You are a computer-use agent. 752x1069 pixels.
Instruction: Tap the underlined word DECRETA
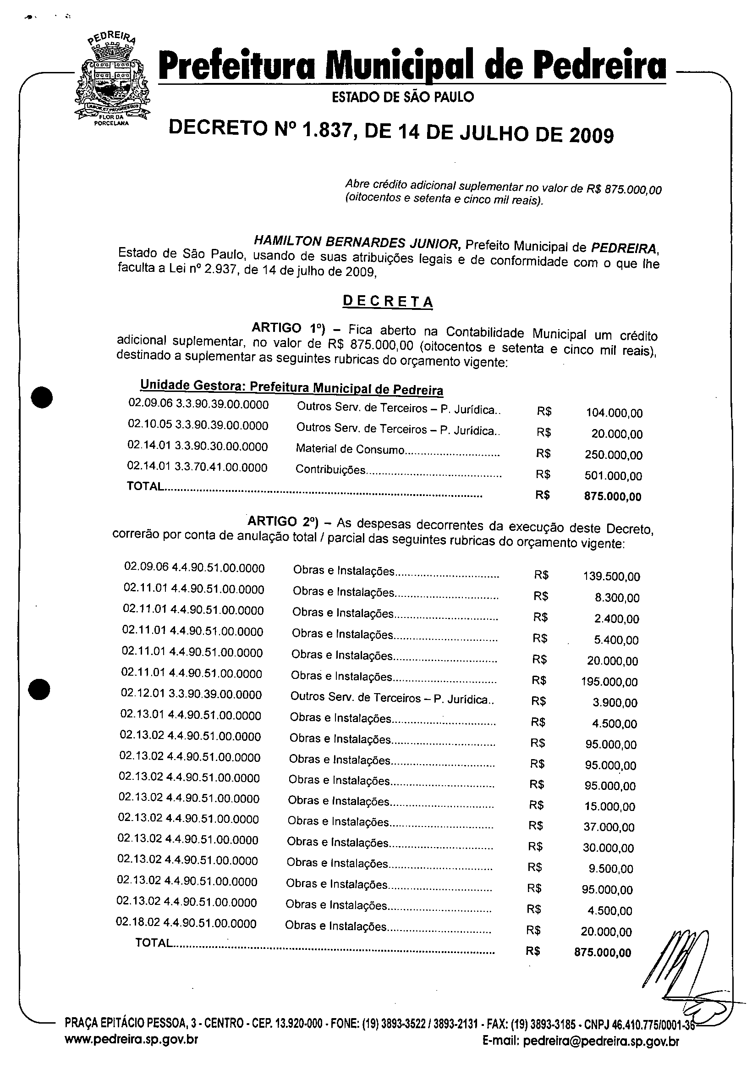coord(388,301)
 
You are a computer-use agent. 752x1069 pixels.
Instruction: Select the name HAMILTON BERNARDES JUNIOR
coord(357,242)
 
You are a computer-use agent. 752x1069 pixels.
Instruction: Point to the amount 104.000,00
coord(614,413)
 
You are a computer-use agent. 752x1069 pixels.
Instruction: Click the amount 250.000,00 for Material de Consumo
coord(613,455)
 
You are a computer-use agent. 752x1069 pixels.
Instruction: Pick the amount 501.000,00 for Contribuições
coord(613,476)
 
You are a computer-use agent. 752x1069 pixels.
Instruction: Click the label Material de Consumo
coord(350,449)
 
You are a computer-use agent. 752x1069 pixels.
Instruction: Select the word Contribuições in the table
coord(330,470)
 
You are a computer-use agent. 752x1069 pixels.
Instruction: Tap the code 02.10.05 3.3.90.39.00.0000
coord(198,425)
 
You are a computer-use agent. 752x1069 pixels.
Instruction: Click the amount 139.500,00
coord(611,577)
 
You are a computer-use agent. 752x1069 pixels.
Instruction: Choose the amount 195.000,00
coord(609,682)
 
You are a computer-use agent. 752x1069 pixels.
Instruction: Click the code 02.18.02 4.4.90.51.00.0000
coord(186,923)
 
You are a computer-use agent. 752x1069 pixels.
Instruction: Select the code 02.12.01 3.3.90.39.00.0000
coord(191,694)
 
